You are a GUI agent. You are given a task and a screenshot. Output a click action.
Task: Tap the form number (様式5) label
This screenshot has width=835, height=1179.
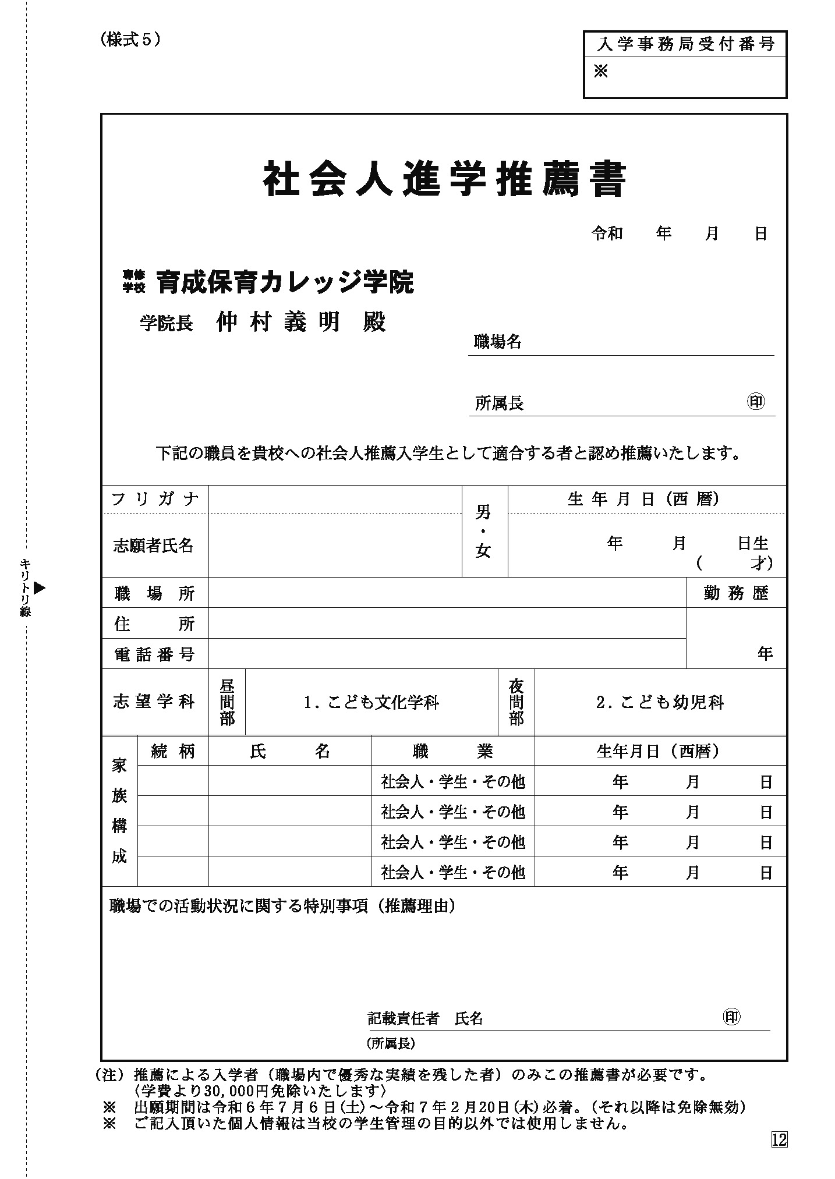[130, 40]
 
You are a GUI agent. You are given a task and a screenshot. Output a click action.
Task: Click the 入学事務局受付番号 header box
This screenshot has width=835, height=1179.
[685, 44]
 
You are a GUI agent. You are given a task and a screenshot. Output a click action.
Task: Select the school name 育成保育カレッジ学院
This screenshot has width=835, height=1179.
[285, 282]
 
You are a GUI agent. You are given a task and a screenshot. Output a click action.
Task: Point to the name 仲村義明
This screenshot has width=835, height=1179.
[278, 322]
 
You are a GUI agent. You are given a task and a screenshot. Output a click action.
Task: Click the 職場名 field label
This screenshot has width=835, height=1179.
[498, 342]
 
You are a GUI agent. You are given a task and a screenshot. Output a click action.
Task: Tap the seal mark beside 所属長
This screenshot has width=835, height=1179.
[756, 402]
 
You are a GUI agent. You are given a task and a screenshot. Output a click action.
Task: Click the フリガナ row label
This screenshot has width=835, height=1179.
[155, 499]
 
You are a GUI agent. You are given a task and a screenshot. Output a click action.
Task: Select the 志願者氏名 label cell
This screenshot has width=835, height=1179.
[154, 546]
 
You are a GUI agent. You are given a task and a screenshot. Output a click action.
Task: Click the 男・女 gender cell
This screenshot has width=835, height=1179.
[484, 531]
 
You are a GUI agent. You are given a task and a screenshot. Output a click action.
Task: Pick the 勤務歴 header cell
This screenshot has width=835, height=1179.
[736, 593]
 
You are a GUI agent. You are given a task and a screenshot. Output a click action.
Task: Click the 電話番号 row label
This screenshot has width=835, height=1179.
[155, 654]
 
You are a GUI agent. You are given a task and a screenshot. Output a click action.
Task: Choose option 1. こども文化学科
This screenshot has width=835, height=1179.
[371, 703]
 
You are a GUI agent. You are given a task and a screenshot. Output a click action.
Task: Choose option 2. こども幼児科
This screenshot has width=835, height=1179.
[660, 703]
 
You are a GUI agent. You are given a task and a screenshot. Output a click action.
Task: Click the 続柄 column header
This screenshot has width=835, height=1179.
[172, 751]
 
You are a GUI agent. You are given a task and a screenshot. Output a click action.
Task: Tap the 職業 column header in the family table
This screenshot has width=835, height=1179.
[452, 751]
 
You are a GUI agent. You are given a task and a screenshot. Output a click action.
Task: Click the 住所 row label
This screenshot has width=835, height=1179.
[155, 624]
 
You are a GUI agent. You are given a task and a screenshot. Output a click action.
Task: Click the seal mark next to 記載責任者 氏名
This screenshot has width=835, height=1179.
[731, 1017]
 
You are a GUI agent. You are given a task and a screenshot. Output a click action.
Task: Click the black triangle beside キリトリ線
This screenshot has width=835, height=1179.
[39, 588]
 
